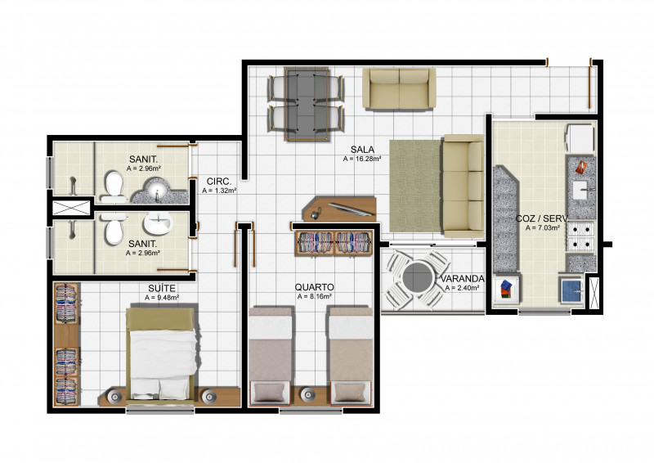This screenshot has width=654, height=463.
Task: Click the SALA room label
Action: [x=362, y=149]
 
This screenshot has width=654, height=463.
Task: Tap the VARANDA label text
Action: [x=463, y=279]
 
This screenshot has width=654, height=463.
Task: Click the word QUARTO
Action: [x=314, y=287]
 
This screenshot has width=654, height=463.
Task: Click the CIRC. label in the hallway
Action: [x=218, y=181]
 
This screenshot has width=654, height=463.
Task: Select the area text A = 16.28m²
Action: [x=362, y=159]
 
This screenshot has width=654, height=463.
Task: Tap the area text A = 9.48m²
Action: [x=161, y=298]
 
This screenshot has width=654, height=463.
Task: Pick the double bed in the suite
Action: [x=162, y=352]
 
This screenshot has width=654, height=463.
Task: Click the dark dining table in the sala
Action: [x=306, y=103]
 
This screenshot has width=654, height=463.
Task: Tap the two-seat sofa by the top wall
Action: [x=399, y=89]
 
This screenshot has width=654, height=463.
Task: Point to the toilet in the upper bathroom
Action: [x=113, y=188]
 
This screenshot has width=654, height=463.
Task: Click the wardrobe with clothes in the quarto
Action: [x=334, y=243]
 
